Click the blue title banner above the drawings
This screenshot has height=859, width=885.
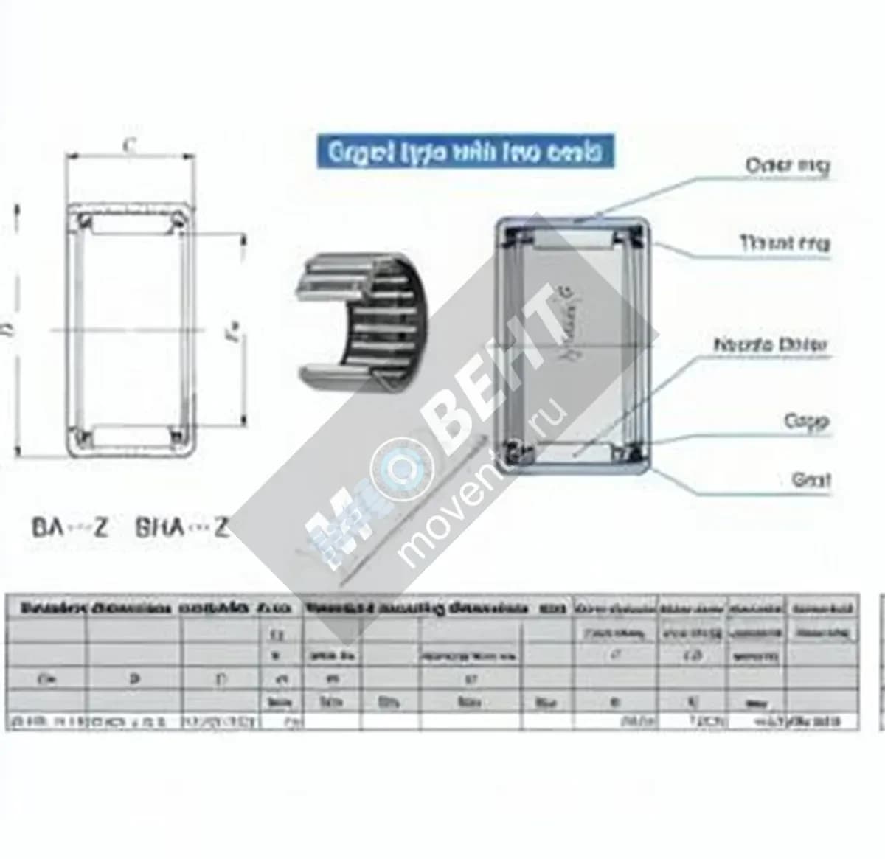[465, 152]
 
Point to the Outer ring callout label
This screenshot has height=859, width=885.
[788, 165]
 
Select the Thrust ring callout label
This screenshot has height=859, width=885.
[785, 243]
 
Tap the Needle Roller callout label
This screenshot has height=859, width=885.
[771, 345]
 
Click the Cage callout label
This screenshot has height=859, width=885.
[806, 422]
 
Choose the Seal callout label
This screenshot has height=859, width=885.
[811, 480]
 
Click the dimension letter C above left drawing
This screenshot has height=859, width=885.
[130, 145]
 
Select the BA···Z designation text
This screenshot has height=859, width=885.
[70, 527]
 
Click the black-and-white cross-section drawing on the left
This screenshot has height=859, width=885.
[131, 329]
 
